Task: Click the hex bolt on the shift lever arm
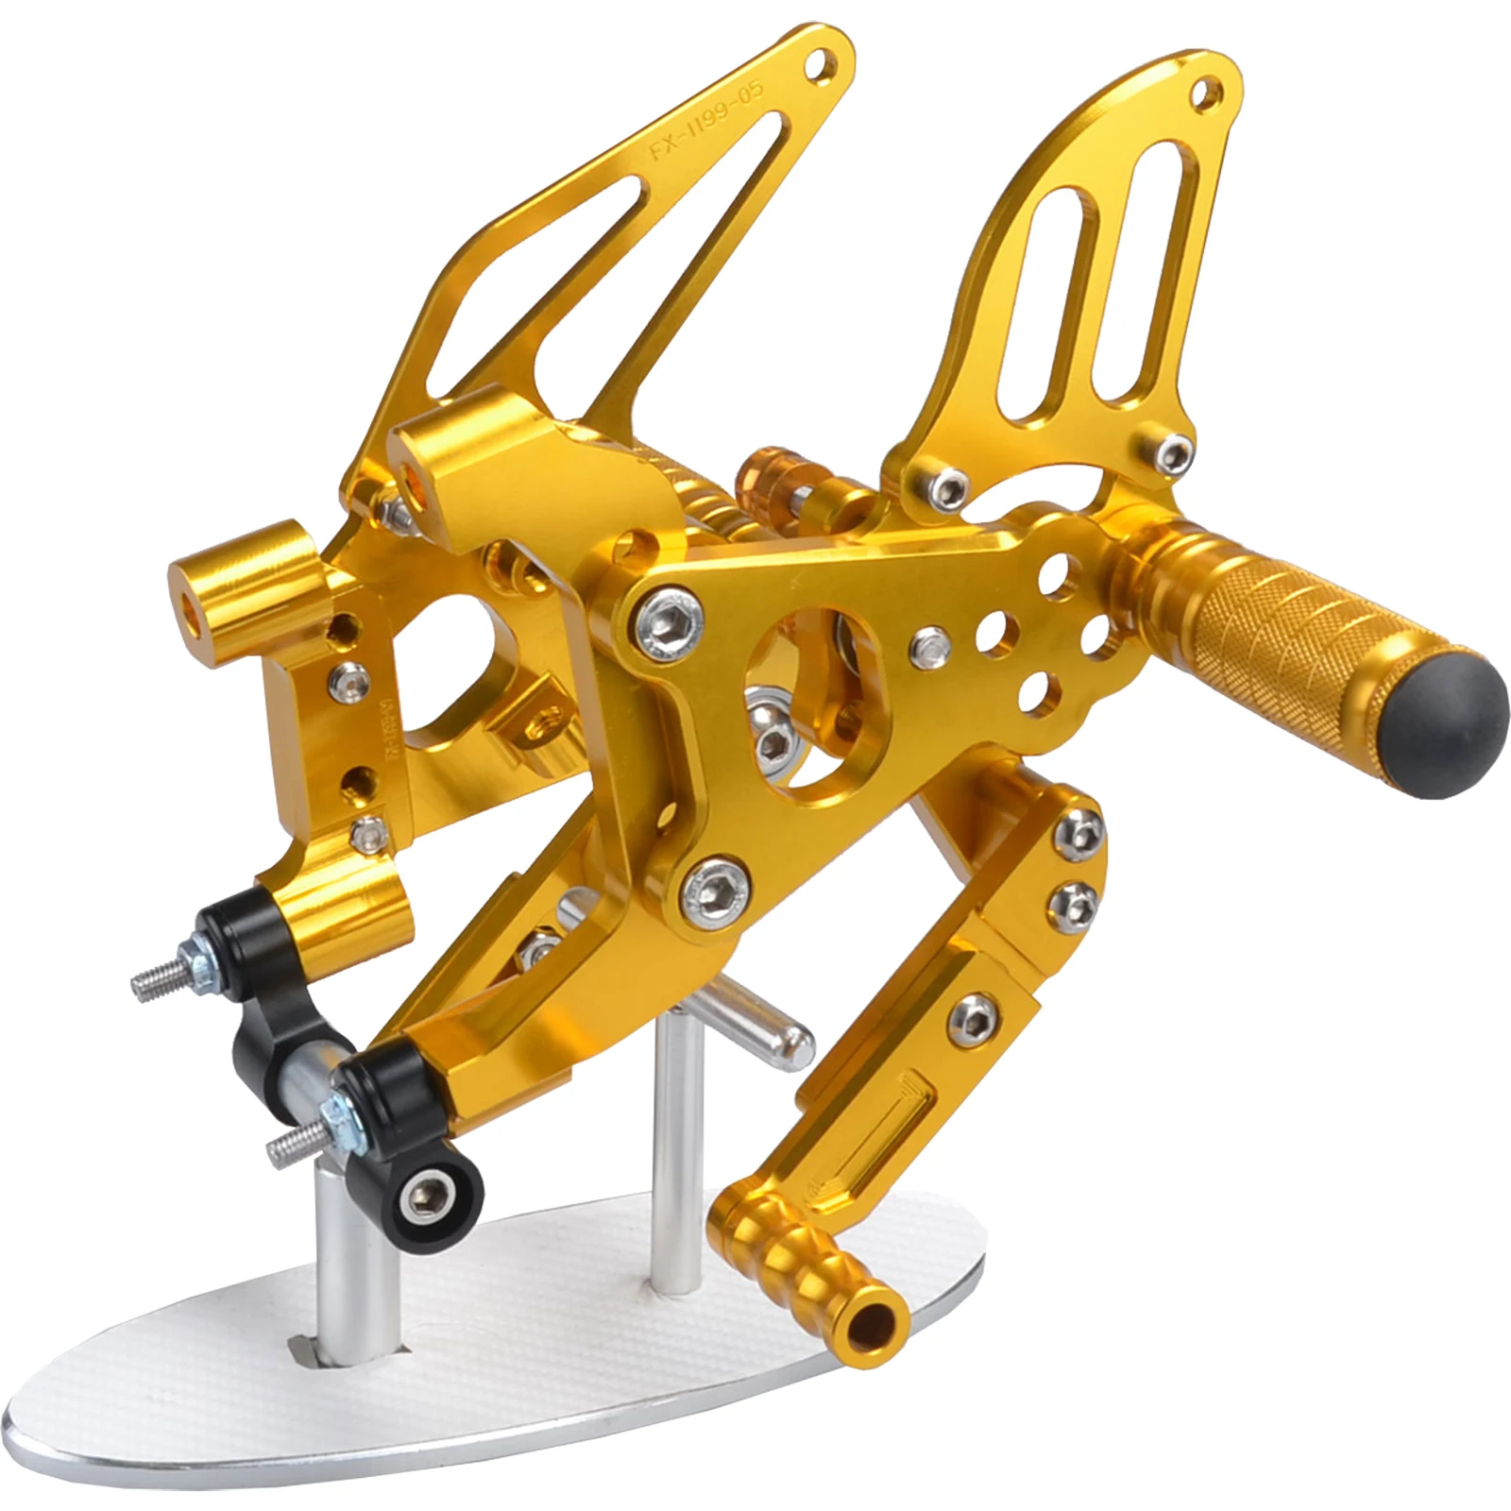tap(972, 1015)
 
